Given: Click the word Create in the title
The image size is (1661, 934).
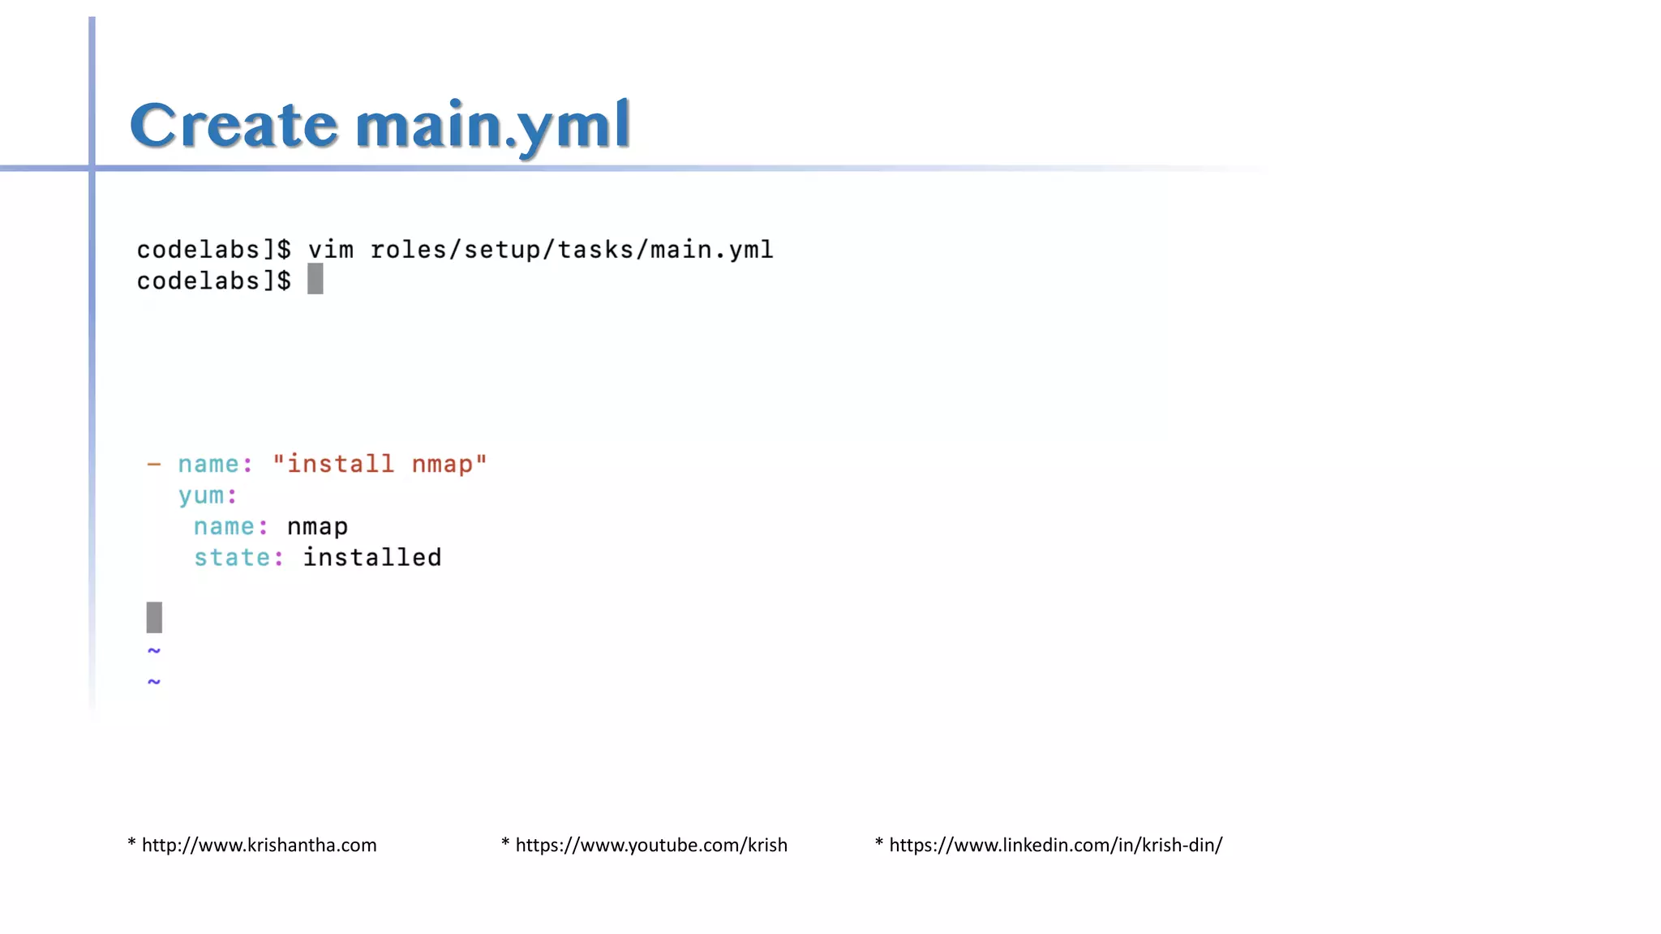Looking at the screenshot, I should [x=234, y=126].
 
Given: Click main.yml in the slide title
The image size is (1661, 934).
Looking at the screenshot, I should [x=492, y=126].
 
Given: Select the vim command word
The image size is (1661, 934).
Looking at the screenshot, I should [x=331, y=250].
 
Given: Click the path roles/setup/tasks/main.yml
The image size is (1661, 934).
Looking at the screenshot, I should [x=572, y=250].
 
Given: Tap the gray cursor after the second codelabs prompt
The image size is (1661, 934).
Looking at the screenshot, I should [x=315, y=279].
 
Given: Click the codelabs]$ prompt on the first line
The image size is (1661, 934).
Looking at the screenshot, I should [x=213, y=250].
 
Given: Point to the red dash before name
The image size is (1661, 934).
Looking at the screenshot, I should [x=154, y=465].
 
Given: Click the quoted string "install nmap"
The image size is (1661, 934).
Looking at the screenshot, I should [x=380, y=465].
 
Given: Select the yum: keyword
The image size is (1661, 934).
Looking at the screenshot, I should [x=208, y=495].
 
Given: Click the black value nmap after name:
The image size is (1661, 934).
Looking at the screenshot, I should [x=317, y=527].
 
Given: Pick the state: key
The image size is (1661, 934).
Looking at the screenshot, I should [x=238, y=558].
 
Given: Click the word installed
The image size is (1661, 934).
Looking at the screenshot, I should [x=372, y=558].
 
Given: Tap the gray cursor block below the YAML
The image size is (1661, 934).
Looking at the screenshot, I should [x=154, y=618].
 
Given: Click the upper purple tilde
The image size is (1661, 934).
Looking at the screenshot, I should [x=154, y=650].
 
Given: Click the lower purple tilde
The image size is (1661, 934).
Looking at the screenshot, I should [x=154, y=681].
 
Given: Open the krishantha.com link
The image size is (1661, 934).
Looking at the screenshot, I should [x=259, y=845].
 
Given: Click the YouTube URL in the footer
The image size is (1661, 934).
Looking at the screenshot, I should [x=651, y=845].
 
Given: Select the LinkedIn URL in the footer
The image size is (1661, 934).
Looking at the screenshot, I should [x=1055, y=845].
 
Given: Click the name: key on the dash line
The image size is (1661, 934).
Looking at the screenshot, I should [x=215, y=465].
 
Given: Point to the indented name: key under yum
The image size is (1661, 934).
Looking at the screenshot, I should [x=230, y=527].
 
